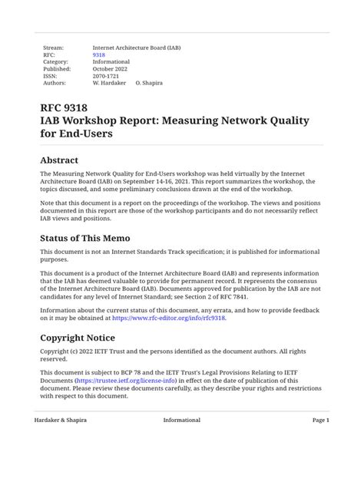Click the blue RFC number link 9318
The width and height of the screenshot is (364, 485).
[98, 54]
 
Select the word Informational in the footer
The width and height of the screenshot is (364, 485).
[182, 421]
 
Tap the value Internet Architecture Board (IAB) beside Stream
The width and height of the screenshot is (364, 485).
[137, 48]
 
